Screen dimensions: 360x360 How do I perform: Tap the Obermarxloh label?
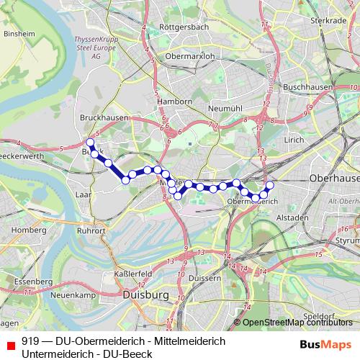pos(191,56)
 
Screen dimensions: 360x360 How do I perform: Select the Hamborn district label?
pos(175,102)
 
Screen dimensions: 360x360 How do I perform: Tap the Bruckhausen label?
pos(105,118)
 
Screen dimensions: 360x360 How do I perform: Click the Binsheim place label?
pos(19,33)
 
